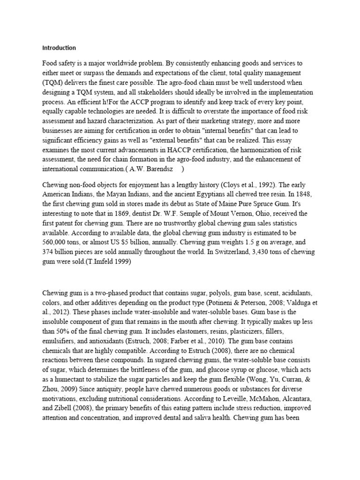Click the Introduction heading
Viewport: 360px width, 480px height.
coord(59,48)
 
